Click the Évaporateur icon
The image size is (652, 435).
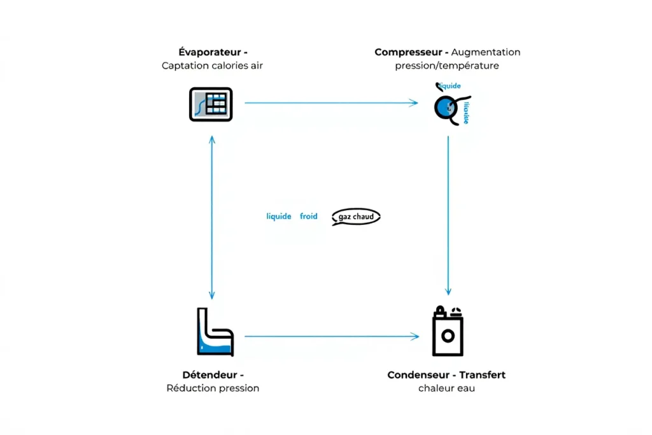click(x=211, y=104)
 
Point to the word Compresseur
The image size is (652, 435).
click(x=408, y=52)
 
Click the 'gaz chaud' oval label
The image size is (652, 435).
click(x=356, y=217)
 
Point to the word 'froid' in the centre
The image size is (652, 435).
click(x=308, y=217)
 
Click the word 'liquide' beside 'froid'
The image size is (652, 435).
click(x=278, y=217)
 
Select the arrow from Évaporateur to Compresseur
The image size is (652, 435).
click(x=331, y=103)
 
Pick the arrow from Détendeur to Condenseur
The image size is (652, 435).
click(x=331, y=336)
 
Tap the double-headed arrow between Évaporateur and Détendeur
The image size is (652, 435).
click(x=212, y=217)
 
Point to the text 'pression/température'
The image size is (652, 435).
click(x=446, y=66)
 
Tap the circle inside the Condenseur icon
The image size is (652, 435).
click(x=447, y=335)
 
